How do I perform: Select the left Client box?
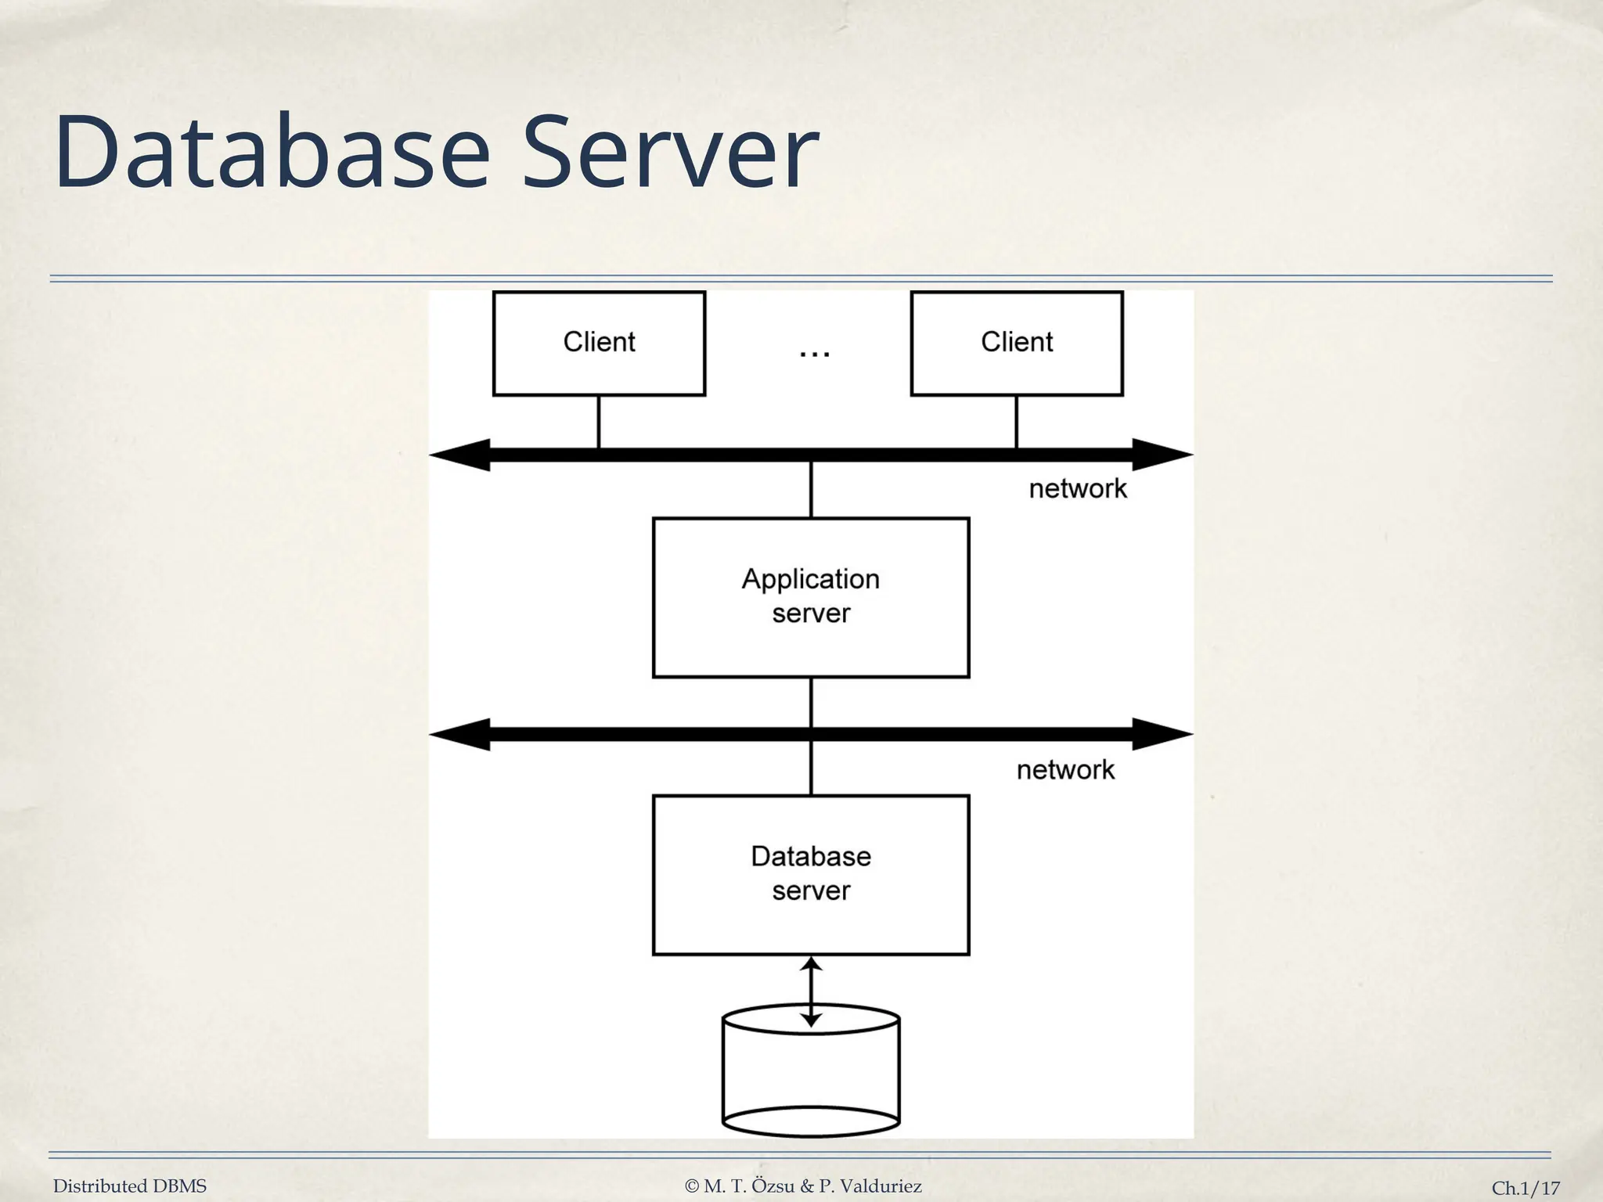coord(599,343)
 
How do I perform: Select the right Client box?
coord(1017,343)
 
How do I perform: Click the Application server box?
coord(811,597)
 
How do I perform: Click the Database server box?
coord(811,874)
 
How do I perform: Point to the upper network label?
coord(1077,489)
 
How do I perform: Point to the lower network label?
coord(1065,770)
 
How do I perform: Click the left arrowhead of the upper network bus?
coord(462,455)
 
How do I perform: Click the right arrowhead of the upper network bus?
coord(1162,455)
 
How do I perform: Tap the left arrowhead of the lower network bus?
coord(462,734)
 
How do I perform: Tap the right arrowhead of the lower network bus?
coord(1162,734)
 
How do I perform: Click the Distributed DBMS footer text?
coord(130,1186)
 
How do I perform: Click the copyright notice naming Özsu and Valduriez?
coord(803,1186)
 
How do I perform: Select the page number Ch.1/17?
coord(1525,1188)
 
